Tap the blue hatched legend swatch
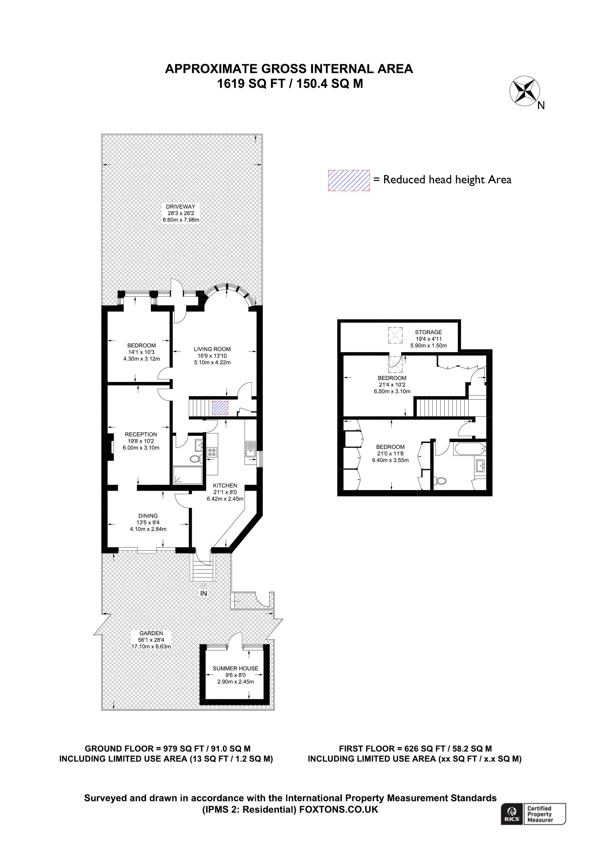[348, 180]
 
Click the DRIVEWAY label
[181, 207]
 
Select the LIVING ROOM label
[212, 349]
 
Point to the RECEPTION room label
[141, 434]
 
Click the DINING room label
[148, 516]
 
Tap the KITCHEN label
[225, 485]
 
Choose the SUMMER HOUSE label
[235, 668]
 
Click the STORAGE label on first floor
[429, 332]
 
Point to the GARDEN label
[151, 633]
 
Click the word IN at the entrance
[203, 593]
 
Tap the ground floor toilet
[195, 459]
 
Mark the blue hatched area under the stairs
[220, 408]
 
